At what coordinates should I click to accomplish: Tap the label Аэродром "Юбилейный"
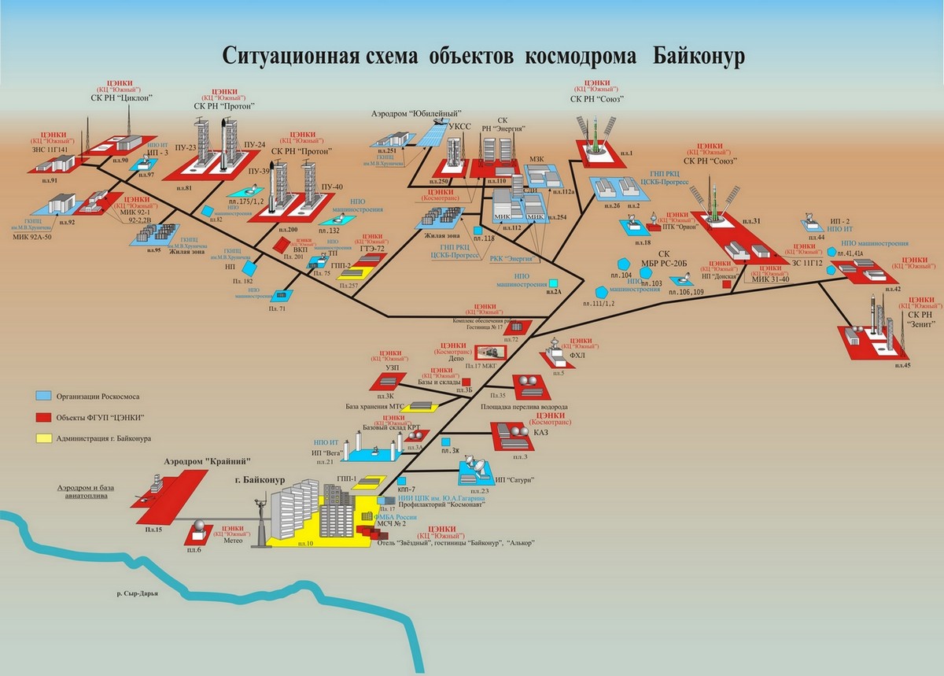coord(415,115)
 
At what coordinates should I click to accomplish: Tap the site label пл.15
coord(153,531)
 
